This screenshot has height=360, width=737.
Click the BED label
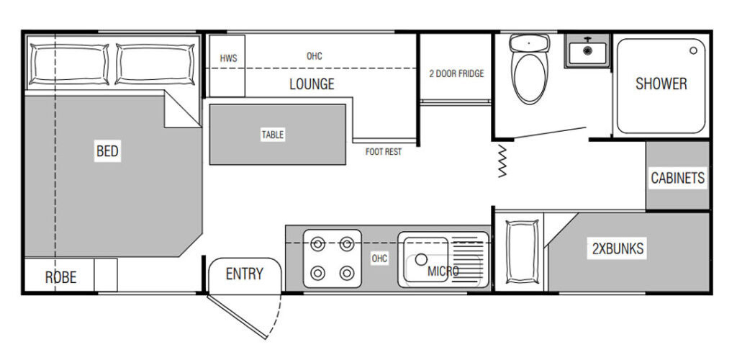pos(107,151)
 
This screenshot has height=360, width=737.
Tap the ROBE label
pos(60,277)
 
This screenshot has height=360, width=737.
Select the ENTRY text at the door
pos(245,274)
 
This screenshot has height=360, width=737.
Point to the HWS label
pos(228,59)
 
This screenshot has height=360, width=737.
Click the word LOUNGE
pos(312,84)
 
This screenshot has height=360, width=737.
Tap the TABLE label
pos(273,135)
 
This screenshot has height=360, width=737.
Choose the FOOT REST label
pos(384,152)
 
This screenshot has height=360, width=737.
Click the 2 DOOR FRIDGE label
pos(456,73)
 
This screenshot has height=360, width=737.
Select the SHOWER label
pos(661,84)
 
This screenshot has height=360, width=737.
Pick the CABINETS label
pos(678,178)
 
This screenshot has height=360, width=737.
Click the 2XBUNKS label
pos(618,248)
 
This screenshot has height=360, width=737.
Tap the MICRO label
pos(443,271)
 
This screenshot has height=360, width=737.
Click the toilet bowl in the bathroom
pos(530,78)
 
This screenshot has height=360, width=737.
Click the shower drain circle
pos(693,50)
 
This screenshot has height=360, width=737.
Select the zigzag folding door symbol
pos(502,161)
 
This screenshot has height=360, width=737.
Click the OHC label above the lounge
pos(315,56)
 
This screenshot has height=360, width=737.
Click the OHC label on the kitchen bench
pos(379,258)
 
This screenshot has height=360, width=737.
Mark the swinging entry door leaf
pos(237,318)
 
